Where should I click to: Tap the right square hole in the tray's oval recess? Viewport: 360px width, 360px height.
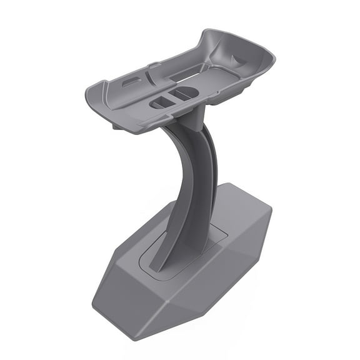[185, 94]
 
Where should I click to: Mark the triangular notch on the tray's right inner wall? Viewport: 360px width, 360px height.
[239, 59]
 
